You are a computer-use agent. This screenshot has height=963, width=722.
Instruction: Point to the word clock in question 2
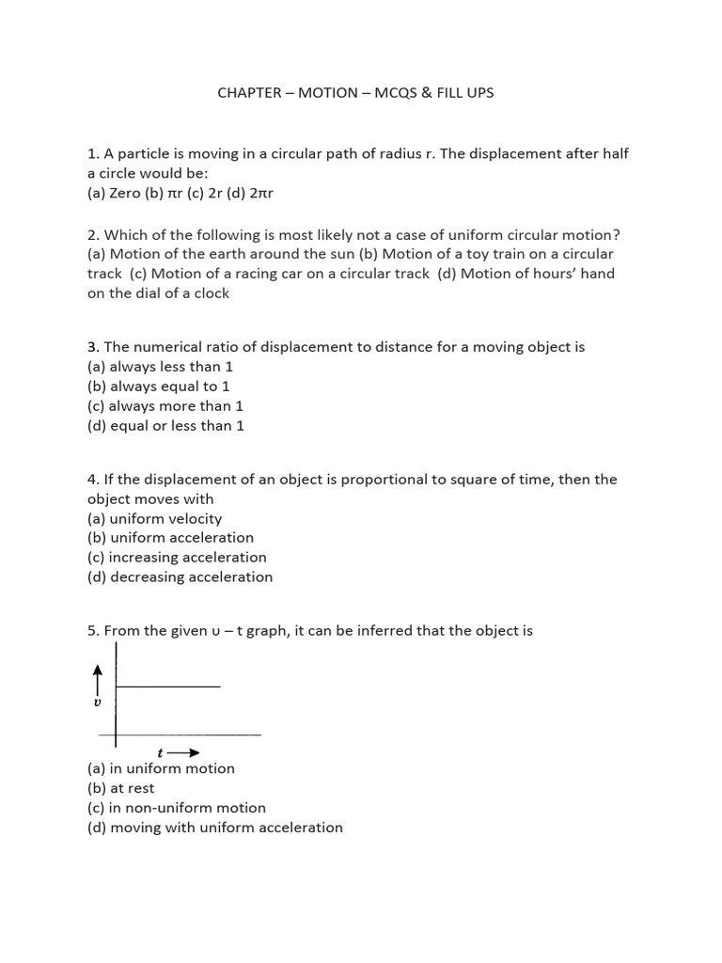point(210,293)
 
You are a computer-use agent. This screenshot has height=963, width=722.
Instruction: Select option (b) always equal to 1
point(158,387)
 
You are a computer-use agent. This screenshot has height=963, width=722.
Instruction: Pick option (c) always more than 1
point(165,406)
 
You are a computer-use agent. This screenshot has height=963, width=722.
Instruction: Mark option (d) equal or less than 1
point(165,426)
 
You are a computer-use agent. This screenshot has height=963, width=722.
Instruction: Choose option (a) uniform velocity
point(154,518)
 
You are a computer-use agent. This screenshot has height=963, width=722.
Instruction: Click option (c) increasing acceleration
point(177,558)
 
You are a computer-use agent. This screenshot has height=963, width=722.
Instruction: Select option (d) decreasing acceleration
point(180,577)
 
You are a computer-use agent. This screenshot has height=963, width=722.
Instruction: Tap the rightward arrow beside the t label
point(188,752)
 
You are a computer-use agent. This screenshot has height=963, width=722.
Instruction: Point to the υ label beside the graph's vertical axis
point(97,703)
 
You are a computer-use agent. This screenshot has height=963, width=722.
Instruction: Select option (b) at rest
point(121,788)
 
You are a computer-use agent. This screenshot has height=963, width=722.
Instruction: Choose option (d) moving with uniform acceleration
point(214,828)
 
